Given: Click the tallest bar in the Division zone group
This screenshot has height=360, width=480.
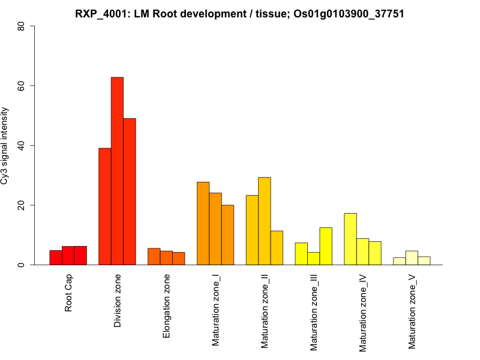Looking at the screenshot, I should pyautogui.click(x=117, y=171).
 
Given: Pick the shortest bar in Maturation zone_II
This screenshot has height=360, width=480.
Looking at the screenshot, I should pyautogui.click(x=277, y=248).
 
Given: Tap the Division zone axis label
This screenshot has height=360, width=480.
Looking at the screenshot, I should pyautogui.click(x=118, y=301).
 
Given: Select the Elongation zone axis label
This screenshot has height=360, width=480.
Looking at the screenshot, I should pyautogui.click(x=167, y=306).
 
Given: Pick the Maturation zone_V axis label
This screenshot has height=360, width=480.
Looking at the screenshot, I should pyautogui.click(x=412, y=311).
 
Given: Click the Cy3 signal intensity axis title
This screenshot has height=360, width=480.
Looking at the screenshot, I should pyautogui.click(x=5, y=146).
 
